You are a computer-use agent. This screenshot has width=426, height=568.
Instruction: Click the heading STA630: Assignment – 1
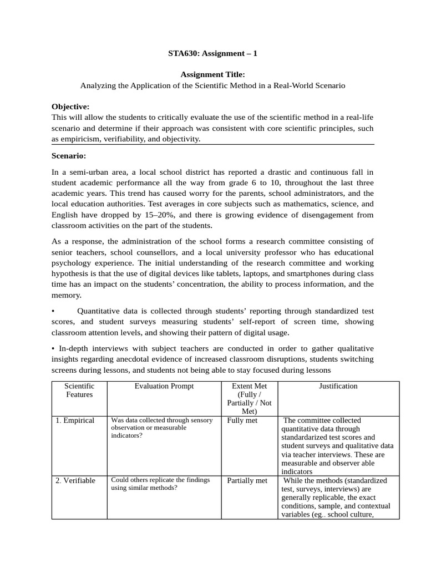(x=212, y=54)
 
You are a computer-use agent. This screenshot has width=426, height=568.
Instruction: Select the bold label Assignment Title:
(x=212, y=74)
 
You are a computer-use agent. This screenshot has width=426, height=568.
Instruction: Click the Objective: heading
(x=70, y=106)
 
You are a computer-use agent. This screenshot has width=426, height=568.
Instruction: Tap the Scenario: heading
(x=69, y=156)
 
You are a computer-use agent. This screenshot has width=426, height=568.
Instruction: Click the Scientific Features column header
(x=79, y=390)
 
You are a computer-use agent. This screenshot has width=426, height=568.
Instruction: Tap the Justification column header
(x=338, y=386)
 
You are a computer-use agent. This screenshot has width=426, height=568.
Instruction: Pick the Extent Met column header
(x=248, y=399)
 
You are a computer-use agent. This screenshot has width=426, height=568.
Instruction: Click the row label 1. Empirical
(x=75, y=420)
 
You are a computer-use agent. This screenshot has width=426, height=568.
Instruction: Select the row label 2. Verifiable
(x=75, y=480)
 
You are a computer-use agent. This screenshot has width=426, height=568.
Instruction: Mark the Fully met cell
(x=242, y=420)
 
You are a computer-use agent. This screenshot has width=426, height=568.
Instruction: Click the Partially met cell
(x=247, y=480)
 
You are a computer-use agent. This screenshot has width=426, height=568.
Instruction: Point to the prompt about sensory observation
(x=161, y=428)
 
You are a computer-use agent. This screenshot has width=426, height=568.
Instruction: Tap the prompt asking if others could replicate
(x=158, y=484)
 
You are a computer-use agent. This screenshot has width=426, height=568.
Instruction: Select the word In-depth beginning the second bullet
(x=73, y=348)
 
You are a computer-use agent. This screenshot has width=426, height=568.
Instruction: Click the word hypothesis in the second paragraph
(x=71, y=273)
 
